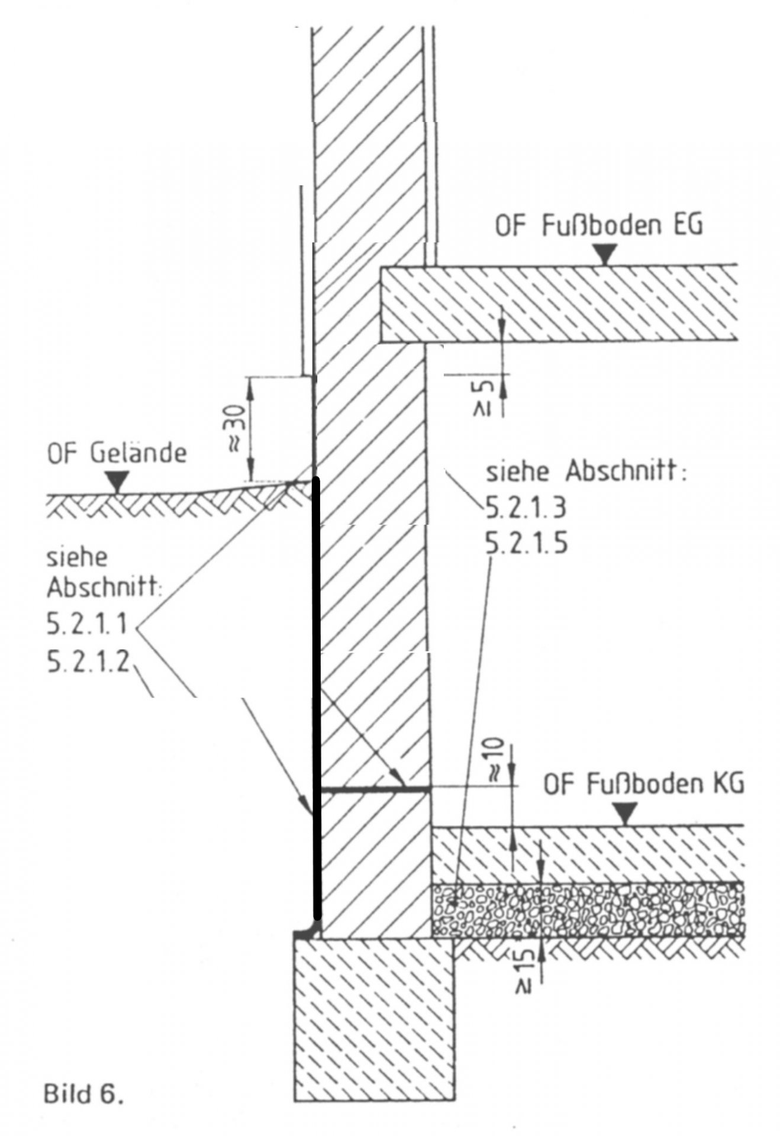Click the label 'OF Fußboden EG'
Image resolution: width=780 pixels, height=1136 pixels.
click(x=598, y=227)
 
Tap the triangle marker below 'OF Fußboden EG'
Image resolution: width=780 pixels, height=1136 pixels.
click(x=603, y=255)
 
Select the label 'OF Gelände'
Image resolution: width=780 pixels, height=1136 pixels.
click(x=117, y=453)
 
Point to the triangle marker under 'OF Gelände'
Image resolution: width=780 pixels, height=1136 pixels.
click(x=118, y=482)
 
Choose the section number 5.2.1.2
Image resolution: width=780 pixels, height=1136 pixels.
click(x=89, y=663)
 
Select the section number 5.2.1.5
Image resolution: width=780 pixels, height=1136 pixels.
click(x=526, y=543)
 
